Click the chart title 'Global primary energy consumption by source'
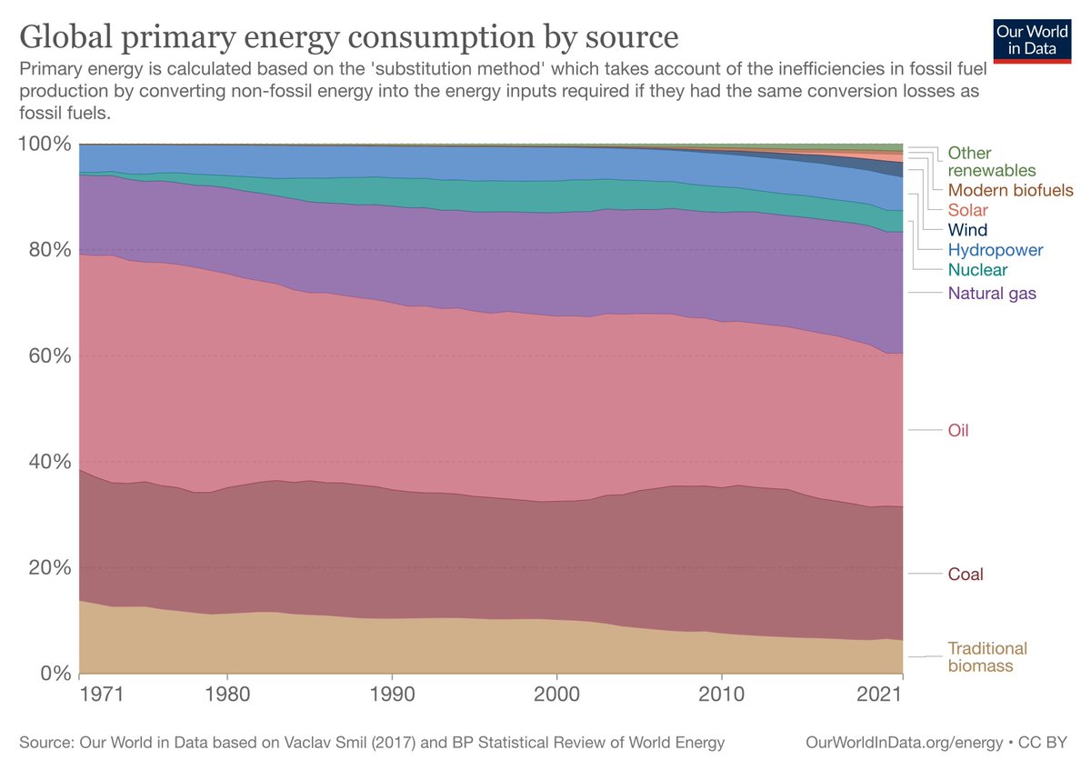(x=349, y=37)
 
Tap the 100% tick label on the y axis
(x=45, y=144)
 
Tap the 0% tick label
(x=54, y=673)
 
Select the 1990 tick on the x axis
(x=392, y=694)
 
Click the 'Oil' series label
(x=958, y=430)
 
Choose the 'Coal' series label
(x=966, y=575)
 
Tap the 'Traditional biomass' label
(x=987, y=657)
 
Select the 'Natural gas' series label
(x=992, y=293)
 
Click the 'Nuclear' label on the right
(x=977, y=270)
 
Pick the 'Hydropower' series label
(x=996, y=250)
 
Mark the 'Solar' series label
(x=967, y=210)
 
